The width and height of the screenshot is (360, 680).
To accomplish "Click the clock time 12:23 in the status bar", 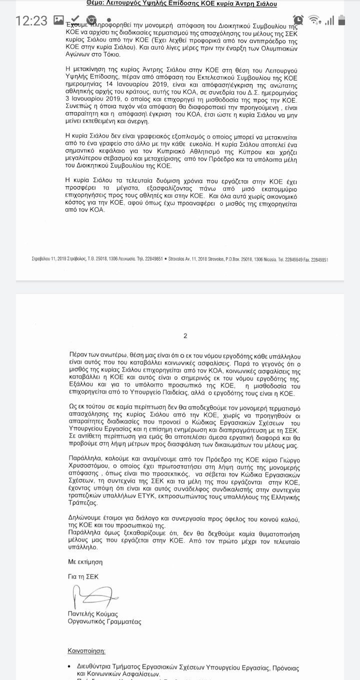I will point(31,21).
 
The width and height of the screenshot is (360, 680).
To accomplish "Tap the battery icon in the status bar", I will point(342,21).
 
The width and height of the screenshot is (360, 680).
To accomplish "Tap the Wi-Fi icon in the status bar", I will point(315,21).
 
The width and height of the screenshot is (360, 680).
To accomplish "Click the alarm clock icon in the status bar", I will point(298,20).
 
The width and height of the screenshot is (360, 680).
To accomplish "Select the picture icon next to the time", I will point(59,21).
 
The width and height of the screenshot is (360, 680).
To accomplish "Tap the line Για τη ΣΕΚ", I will point(83,576).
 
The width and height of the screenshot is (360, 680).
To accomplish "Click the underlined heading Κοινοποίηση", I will point(87,651).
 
